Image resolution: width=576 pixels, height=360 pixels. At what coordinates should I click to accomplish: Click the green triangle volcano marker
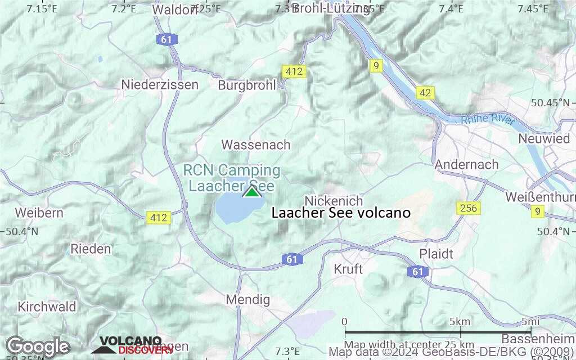pyautogui.click(x=252, y=191)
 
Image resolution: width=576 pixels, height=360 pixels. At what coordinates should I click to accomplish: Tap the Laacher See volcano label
pyautogui.click(x=341, y=213)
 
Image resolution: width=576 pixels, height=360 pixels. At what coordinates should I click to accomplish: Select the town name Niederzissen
pyautogui.click(x=160, y=85)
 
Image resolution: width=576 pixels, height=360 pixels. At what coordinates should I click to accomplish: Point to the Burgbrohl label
pyautogui.click(x=247, y=85)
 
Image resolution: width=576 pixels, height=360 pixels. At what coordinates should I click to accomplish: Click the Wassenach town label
pyautogui.click(x=256, y=145)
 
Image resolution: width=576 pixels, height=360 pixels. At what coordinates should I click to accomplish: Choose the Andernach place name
pyautogui.click(x=466, y=164)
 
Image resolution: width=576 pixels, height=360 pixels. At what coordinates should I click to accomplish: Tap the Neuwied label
pyautogui.click(x=544, y=138)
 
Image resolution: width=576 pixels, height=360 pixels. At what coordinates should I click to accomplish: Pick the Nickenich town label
pyautogui.click(x=334, y=201)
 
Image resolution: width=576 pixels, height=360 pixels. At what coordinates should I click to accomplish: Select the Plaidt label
pyautogui.click(x=436, y=254)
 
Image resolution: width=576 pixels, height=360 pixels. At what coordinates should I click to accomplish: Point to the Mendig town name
pyautogui.click(x=247, y=300)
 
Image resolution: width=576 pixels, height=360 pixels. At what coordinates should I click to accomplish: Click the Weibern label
pyautogui.click(x=39, y=213)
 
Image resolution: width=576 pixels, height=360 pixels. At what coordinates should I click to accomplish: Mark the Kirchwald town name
pyautogui.click(x=47, y=307)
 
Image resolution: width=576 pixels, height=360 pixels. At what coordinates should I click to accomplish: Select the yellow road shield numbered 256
pyautogui.click(x=467, y=208)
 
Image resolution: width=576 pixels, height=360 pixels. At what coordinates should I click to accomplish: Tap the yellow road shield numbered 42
pyautogui.click(x=425, y=92)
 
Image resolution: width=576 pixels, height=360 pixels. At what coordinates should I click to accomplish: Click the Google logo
pyautogui.click(x=38, y=346)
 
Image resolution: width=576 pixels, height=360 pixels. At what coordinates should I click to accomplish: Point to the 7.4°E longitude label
pyautogui.click(x=451, y=8)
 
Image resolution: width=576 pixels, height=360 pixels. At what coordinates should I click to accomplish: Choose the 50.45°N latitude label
pyautogui.click(x=550, y=102)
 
